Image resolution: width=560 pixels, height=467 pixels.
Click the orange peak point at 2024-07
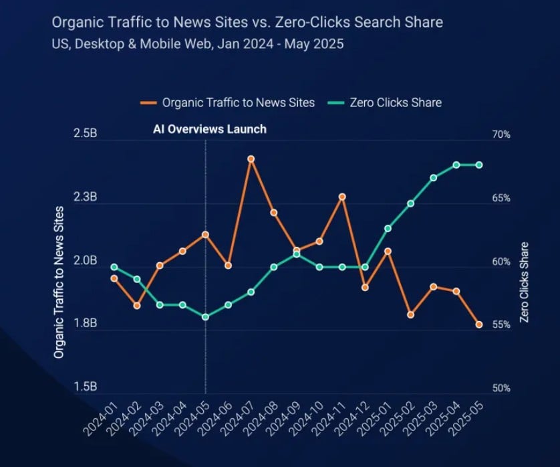pyautogui.click(x=251, y=159)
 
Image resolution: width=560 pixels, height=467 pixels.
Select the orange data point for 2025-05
pyautogui.click(x=479, y=324)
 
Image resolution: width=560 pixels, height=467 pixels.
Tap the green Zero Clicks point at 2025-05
pyautogui.click(x=479, y=165)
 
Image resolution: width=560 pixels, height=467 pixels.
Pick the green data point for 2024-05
pyautogui.click(x=205, y=317)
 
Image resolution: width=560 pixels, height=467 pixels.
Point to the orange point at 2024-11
pyautogui.click(x=342, y=197)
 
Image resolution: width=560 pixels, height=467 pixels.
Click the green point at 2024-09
pyautogui.click(x=296, y=254)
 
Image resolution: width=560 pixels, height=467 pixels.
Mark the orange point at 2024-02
pyautogui.click(x=136, y=305)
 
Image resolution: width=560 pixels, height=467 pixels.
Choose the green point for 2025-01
pyautogui.click(x=388, y=228)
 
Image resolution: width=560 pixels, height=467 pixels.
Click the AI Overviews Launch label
pyautogui.click(x=209, y=129)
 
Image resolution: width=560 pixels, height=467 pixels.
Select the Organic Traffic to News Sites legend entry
pyautogui.click(x=228, y=102)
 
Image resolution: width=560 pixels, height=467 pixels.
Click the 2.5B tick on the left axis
pyautogui.click(x=86, y=134)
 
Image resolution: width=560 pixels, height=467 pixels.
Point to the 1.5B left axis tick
pyautogui.click(x=86, y=387)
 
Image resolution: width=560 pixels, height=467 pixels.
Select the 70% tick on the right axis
pyautogui.click(x=501, y=134)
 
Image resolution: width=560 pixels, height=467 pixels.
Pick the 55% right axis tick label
pyautogui.click(x=501, y=324)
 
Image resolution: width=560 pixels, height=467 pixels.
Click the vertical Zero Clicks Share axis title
pyautogui.click(x=524, y=282)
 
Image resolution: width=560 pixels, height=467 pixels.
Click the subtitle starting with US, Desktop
pyautogui.click(x=198, y=44)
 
